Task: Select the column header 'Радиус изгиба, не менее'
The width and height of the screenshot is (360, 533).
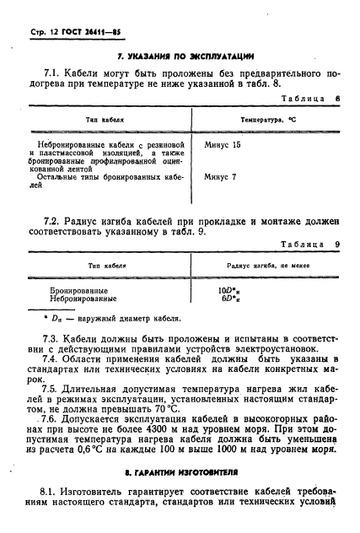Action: (264, 265)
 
